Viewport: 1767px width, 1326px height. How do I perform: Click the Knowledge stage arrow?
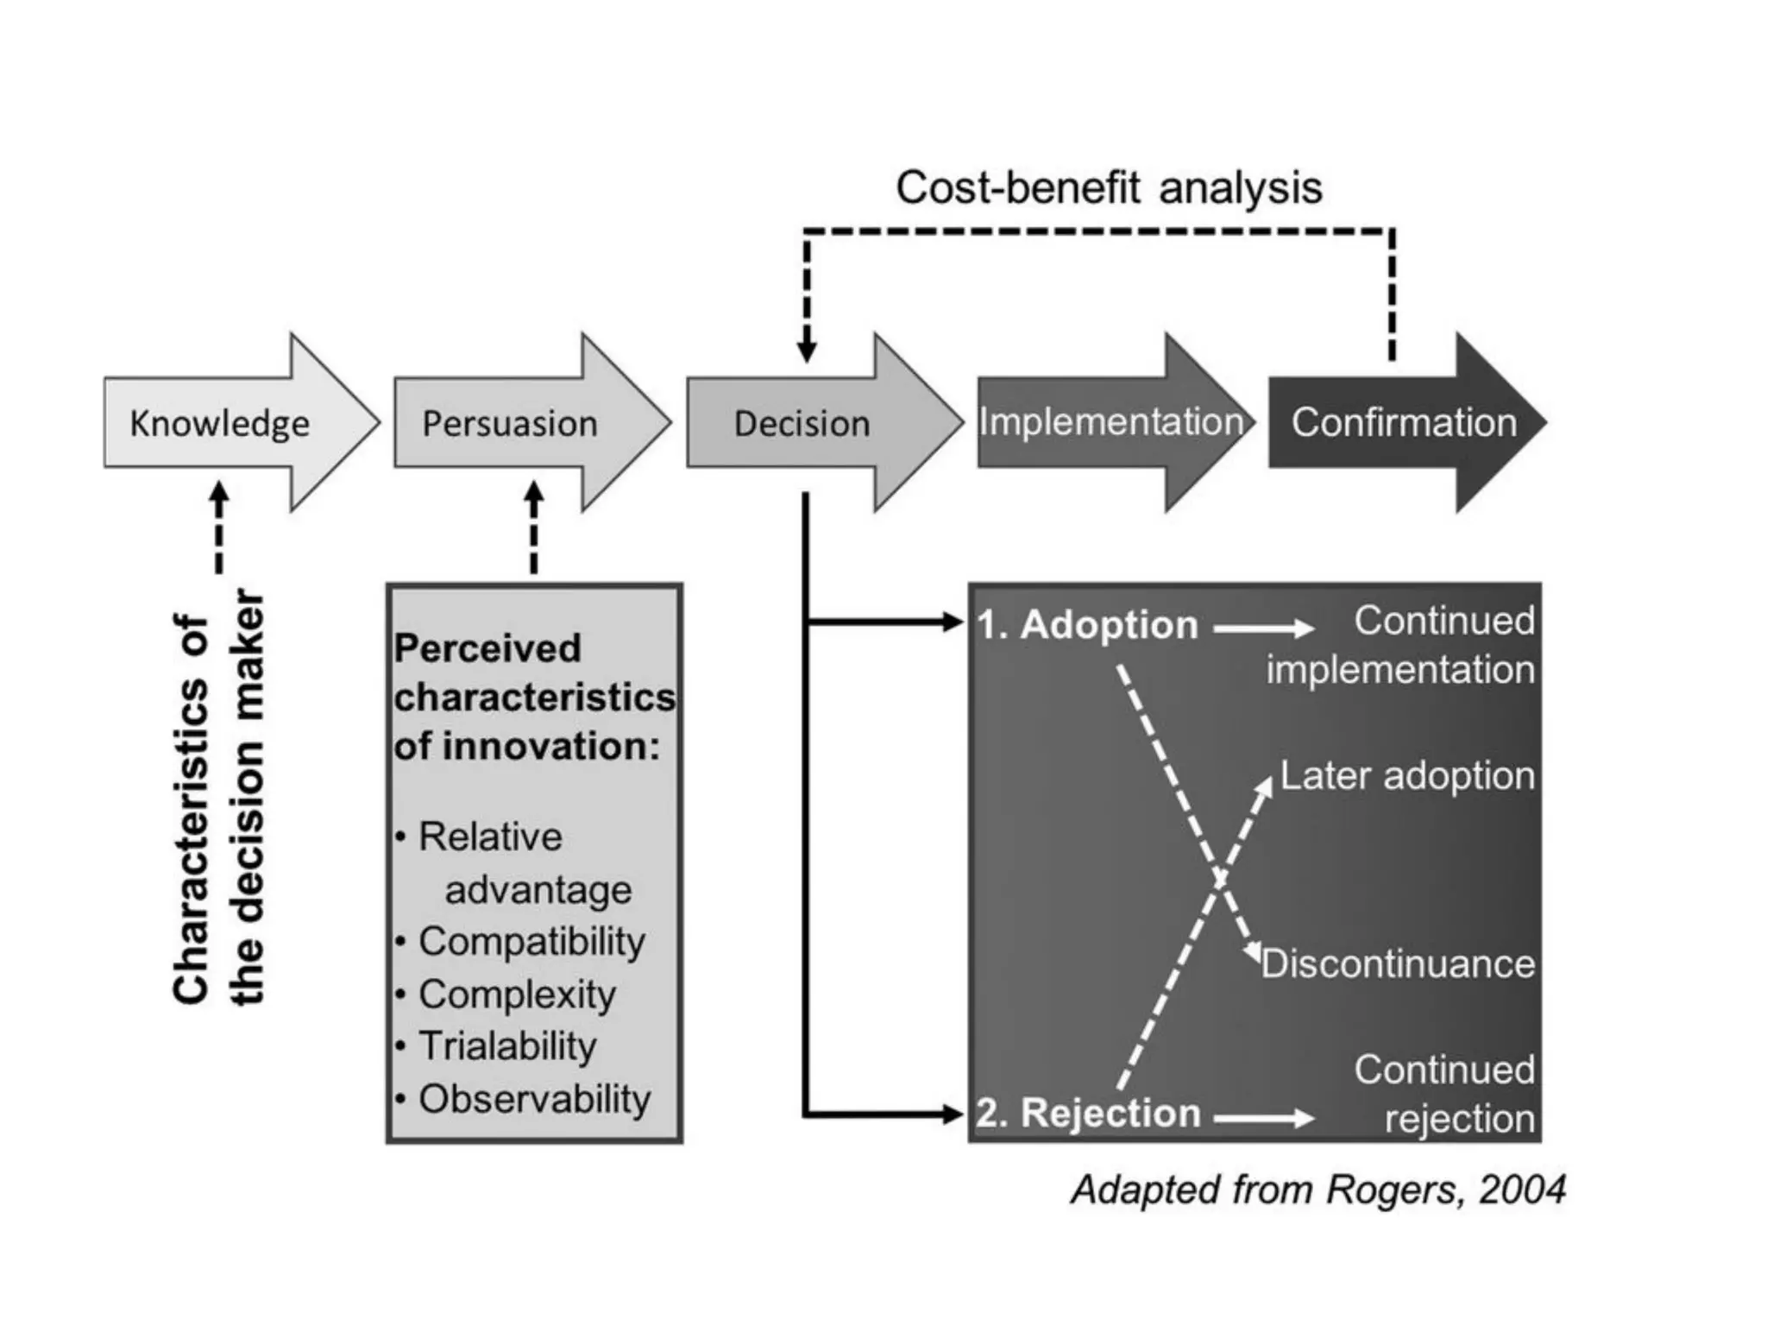point(220,423)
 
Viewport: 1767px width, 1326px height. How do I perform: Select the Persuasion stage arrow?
point(511,423)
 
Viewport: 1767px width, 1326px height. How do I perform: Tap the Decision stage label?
point(802,424)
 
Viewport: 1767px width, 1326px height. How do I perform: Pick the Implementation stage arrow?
point(1111,422)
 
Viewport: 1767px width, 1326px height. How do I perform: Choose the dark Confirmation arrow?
point(1404,422)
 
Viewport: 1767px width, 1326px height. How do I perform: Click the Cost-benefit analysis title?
point(1109,187)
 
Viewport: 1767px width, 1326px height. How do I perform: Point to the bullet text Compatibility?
point(531,941)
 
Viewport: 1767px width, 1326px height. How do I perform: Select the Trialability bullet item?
point(507,1046)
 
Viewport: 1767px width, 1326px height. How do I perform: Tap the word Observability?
point(534,1099)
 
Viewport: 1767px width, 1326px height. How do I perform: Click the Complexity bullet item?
point(517,994)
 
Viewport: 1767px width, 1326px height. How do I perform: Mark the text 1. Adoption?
point(1088,625)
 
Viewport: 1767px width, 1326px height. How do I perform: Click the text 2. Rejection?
point(1089,1113)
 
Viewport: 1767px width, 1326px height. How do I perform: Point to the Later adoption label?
point(1407,775)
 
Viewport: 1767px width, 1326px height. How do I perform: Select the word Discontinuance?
point(1398,963)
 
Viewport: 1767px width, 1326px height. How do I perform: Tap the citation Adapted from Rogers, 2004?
point(1318,1190)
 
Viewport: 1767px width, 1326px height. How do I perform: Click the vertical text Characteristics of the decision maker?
point(217,799)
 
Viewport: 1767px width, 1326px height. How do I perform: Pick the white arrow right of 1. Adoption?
point(1264,628)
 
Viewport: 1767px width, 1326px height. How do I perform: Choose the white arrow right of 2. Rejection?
point(1264,1119)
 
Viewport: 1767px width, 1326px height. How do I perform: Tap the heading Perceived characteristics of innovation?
point(533,697)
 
